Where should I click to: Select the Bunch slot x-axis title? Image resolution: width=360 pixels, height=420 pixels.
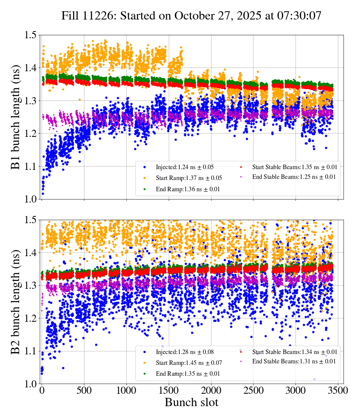(191, 402)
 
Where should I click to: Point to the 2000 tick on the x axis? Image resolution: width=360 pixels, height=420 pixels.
(211, 390)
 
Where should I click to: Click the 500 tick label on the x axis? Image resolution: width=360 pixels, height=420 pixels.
(84, 390)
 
